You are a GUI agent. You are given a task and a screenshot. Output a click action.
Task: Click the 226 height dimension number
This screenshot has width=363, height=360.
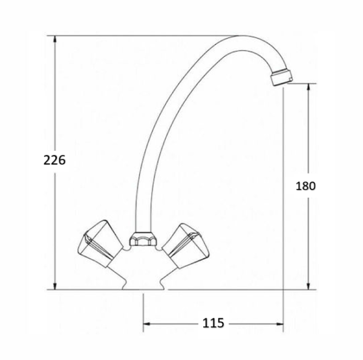54,160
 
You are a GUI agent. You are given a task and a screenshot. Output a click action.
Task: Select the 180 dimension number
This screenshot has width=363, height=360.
306,186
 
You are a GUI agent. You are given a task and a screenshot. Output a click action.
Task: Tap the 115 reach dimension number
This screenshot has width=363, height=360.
213,323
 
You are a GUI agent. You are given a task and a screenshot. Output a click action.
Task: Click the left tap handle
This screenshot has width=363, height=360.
100,244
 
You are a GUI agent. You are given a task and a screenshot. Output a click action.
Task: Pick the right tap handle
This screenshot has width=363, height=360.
186,246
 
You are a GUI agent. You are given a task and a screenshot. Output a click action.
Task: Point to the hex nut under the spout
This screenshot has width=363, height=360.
142,238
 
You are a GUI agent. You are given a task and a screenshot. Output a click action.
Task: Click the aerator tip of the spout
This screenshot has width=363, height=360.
281,77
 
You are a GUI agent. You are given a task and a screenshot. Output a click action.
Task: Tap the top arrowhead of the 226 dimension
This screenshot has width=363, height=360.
55,39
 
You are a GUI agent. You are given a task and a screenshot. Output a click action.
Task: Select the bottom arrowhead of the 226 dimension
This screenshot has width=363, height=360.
55,286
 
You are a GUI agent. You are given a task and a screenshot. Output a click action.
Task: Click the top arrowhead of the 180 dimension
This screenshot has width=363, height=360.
308,87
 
